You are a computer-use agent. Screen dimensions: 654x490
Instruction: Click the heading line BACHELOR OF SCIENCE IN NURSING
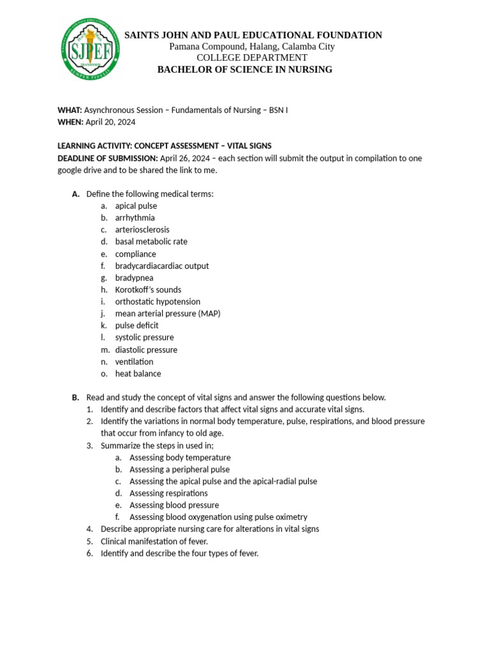245,70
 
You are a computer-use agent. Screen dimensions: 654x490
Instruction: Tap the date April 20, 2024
110,122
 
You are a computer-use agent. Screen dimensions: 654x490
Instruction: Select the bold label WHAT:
70,110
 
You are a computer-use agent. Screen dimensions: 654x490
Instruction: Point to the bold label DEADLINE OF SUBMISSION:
107,158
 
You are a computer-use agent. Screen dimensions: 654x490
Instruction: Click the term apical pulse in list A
136,206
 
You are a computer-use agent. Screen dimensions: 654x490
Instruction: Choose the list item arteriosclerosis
142,229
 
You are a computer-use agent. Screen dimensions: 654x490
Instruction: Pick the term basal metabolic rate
151,241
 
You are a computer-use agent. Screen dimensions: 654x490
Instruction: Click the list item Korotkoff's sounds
148,289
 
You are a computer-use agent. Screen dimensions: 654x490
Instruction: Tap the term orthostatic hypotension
158,301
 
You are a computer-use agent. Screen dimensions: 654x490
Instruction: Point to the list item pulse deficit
137,325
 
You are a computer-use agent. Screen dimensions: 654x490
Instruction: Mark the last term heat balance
138,374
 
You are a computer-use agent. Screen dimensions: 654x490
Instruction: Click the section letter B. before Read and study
75,397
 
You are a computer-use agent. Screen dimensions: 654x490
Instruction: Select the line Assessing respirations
168,493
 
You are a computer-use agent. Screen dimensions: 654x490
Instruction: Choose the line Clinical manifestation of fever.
154,541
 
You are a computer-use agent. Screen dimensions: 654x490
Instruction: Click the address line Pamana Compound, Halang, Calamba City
252,47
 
